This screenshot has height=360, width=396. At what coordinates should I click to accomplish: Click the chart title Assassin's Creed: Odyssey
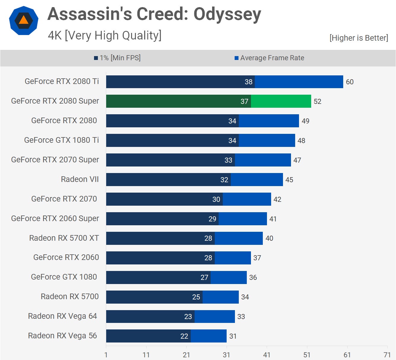154,14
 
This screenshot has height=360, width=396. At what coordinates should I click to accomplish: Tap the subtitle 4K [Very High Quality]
105,35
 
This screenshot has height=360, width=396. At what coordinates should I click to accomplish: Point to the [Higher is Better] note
359,38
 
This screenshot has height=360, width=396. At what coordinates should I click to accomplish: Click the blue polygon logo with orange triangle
24,20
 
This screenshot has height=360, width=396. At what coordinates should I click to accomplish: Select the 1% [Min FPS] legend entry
117,58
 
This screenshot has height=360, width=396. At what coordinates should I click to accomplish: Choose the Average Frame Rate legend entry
269,58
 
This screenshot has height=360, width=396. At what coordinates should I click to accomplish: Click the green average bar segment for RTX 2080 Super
281,101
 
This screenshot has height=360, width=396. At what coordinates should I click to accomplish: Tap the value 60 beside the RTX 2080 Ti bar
350,82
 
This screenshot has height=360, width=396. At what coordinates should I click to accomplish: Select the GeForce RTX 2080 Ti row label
62,81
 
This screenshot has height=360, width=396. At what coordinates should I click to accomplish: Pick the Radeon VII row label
80,179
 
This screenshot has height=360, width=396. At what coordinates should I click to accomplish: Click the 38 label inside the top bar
249,82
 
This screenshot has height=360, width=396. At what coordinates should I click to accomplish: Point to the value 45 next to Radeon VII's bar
289,180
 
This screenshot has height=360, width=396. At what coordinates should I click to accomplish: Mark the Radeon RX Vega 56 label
63,336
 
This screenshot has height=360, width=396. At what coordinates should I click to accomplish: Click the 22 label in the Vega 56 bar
184,336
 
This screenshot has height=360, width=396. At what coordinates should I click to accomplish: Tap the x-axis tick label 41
267,355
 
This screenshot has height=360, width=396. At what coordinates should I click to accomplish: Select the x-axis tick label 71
387,355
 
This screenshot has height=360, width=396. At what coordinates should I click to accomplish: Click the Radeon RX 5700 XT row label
64,238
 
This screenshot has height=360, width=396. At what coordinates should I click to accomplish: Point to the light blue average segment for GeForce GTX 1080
228,277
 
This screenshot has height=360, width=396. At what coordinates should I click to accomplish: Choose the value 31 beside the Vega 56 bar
233,336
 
